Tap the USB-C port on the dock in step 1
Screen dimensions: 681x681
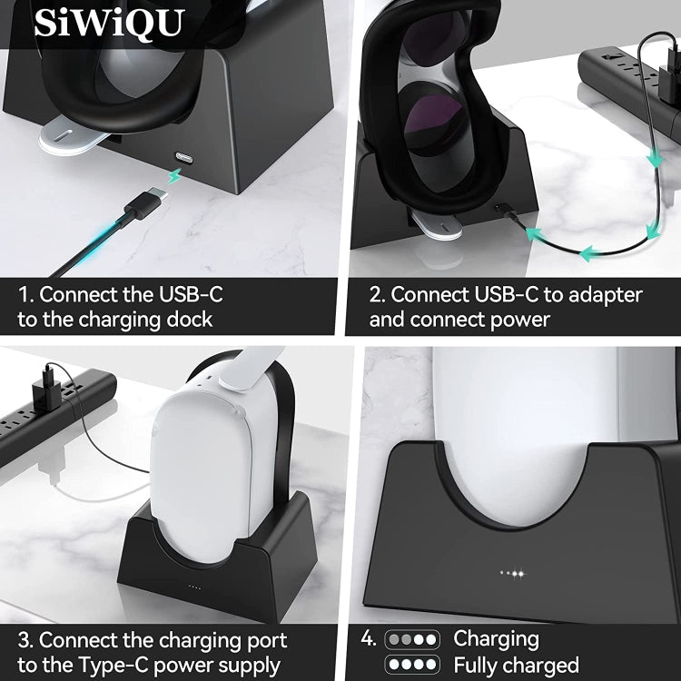(x=184, y=156)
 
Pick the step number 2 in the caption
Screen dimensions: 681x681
(x=376, y=294)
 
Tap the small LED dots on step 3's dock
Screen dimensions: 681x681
(x=194, y=586)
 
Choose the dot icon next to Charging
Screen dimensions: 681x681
(x=412, y=638)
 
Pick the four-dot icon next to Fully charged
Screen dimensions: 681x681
(x=412, y=664)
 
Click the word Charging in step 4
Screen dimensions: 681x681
(x=496, y=638)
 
